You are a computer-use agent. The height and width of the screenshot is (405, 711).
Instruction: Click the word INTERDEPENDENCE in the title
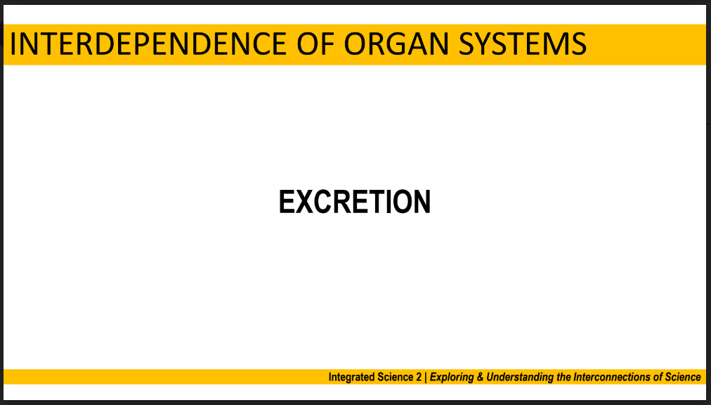(148, 44)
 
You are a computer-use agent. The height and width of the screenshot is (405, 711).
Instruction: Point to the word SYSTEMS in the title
(523, 44)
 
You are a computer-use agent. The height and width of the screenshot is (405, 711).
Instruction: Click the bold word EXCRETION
(355, 202)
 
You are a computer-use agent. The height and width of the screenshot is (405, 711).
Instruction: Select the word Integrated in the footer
(350, 378)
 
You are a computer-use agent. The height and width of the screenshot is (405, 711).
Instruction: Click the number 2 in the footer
(418, 377)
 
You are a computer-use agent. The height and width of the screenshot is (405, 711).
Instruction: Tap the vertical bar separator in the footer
(425, 378)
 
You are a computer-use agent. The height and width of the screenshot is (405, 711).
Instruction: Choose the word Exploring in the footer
(451, 378)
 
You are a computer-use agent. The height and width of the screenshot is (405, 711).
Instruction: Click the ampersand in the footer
(479, 377)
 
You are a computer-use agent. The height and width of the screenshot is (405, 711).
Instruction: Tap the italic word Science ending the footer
(683, 377)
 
